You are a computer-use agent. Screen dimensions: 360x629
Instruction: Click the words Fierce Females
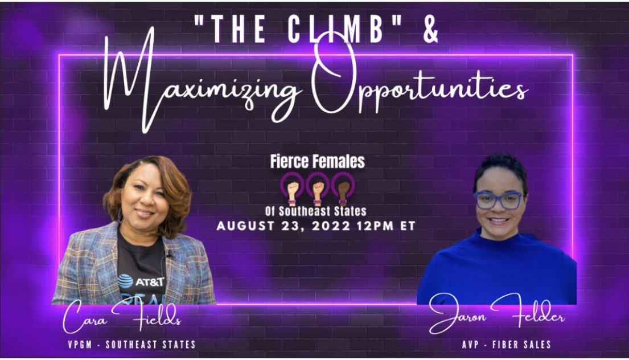coord(317,162)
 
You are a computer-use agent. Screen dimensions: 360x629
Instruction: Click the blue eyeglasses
coord(499,199)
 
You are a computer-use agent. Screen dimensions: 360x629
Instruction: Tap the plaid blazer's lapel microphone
coord(168,252)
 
